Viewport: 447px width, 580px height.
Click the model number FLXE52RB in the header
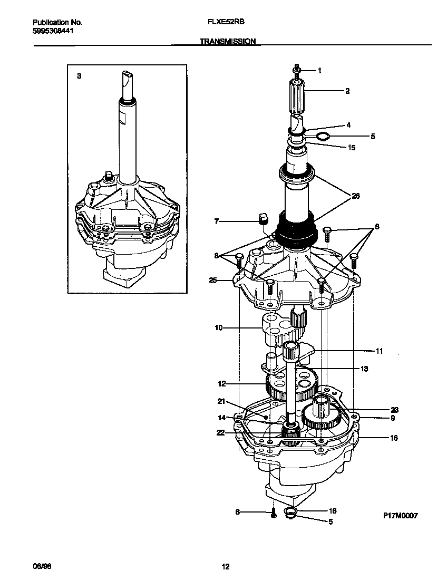pos(226,23)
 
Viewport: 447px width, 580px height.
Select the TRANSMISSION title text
pos(228,41)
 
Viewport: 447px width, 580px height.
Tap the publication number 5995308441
pos(54,31)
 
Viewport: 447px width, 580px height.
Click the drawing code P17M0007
pos(400,516)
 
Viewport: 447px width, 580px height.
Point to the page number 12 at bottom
pos(225,567)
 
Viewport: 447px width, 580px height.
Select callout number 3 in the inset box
pos(79,76)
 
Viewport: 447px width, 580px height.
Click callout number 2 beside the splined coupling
pos(347,91)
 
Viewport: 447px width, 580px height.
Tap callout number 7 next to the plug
pos(216,221)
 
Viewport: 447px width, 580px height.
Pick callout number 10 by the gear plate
pos(218,328)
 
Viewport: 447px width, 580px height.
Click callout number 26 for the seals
pos(355,196)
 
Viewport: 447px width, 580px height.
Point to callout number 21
pos(221,401)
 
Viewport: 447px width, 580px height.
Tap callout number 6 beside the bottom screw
pos(237,511)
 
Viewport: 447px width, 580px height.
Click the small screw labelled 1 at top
pos(297,70)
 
